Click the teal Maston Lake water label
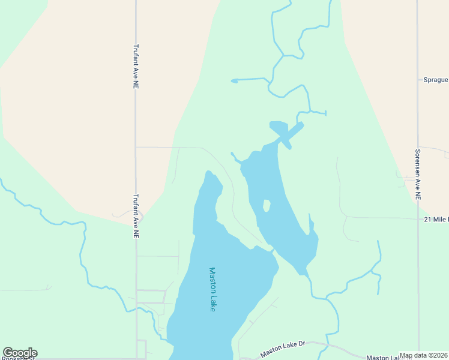coord(212,289)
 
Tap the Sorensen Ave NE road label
coord(418,175)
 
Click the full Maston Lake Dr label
coord(283,349)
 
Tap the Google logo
coord(20,353)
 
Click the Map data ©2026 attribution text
coord(424,355)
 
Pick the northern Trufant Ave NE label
coord(136,67)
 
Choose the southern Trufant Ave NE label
coord(136,216)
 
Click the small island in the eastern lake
coord(266,206)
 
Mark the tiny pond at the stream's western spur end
coord(234,80)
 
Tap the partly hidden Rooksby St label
coord(18,358)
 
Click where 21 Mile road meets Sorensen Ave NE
coord(418,219)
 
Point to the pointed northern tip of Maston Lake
coord(208,173)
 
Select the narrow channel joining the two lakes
coord(271,247)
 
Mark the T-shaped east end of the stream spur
coord(325,113)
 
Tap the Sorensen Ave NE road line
coord(418,270)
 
